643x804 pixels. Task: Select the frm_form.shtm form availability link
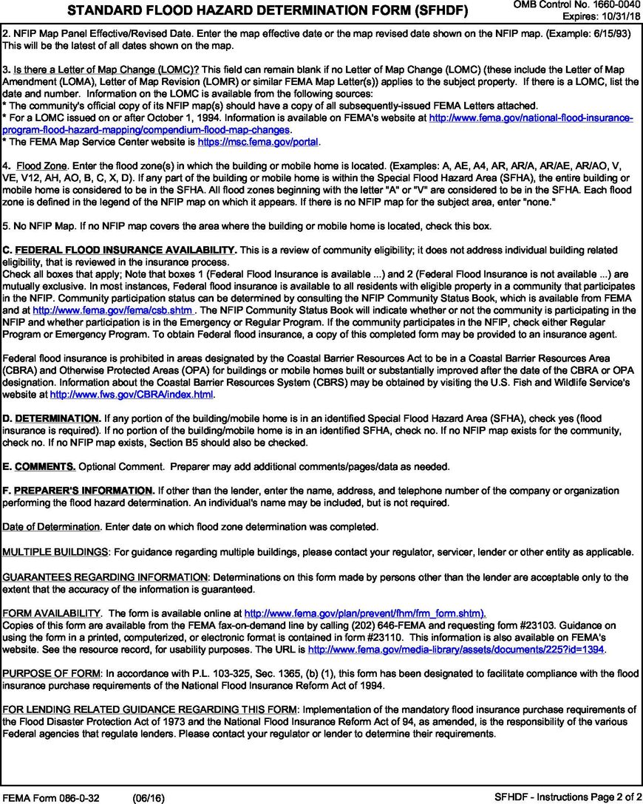click(x=364, y=613)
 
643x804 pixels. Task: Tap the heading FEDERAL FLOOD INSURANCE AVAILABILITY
click(x=125, y=250)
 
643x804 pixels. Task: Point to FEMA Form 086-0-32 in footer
click(x=51, y=797)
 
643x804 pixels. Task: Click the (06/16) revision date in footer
click(x=149, y=797)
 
